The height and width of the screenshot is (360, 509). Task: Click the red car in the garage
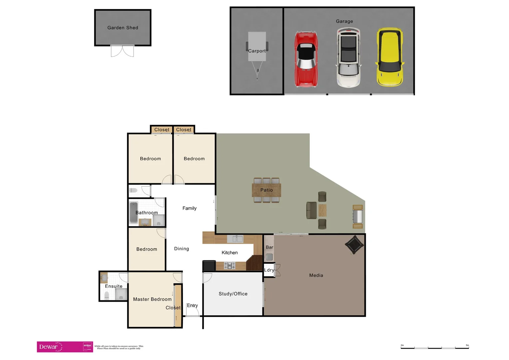pos(306,59)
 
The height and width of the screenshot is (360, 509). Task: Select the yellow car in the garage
pos(390,57)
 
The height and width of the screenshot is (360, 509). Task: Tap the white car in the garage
pos(348,57)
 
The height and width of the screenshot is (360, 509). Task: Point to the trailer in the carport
pos(257,50)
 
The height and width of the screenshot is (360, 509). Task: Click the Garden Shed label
pos(123,28)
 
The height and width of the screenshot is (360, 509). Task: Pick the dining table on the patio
pos(266,190)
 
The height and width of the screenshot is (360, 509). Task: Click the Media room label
pos(316,275)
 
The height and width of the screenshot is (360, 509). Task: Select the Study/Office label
pos(233,294)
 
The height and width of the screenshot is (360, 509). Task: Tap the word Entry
pos(192,306)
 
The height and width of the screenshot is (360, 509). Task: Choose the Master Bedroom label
pos(152,299)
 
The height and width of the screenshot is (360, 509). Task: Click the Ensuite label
pos(114,286)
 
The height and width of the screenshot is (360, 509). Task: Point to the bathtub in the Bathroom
pos(134,212)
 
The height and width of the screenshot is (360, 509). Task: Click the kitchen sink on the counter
pos(235,239)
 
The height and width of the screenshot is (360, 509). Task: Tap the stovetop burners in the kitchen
pos(230,266)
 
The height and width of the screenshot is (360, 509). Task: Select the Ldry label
pos(269,270)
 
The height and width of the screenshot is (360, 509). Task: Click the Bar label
pos(269,247)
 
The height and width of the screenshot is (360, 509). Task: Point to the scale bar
pos(435,348)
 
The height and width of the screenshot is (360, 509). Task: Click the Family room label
pos(190,208)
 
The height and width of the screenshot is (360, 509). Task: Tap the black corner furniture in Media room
pos(354,245)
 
